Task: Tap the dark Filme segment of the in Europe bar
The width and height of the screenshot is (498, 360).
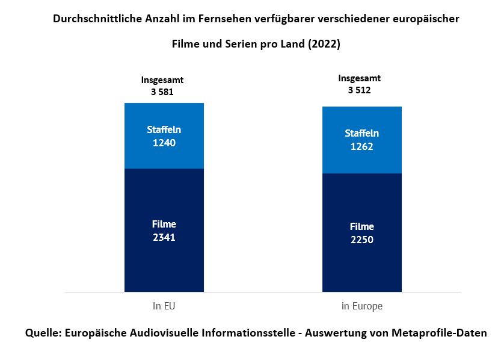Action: click(361, 265)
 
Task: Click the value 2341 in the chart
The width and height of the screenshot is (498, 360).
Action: click(164, 237)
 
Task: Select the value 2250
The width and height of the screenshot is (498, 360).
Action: click(361, 240)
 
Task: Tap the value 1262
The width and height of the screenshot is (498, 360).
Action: click(361, 146)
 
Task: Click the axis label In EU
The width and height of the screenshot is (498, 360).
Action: click(164, 306)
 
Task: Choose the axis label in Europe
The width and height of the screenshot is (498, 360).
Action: click(361, 306)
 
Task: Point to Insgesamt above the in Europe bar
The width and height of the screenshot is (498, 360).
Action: click(359, 78)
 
